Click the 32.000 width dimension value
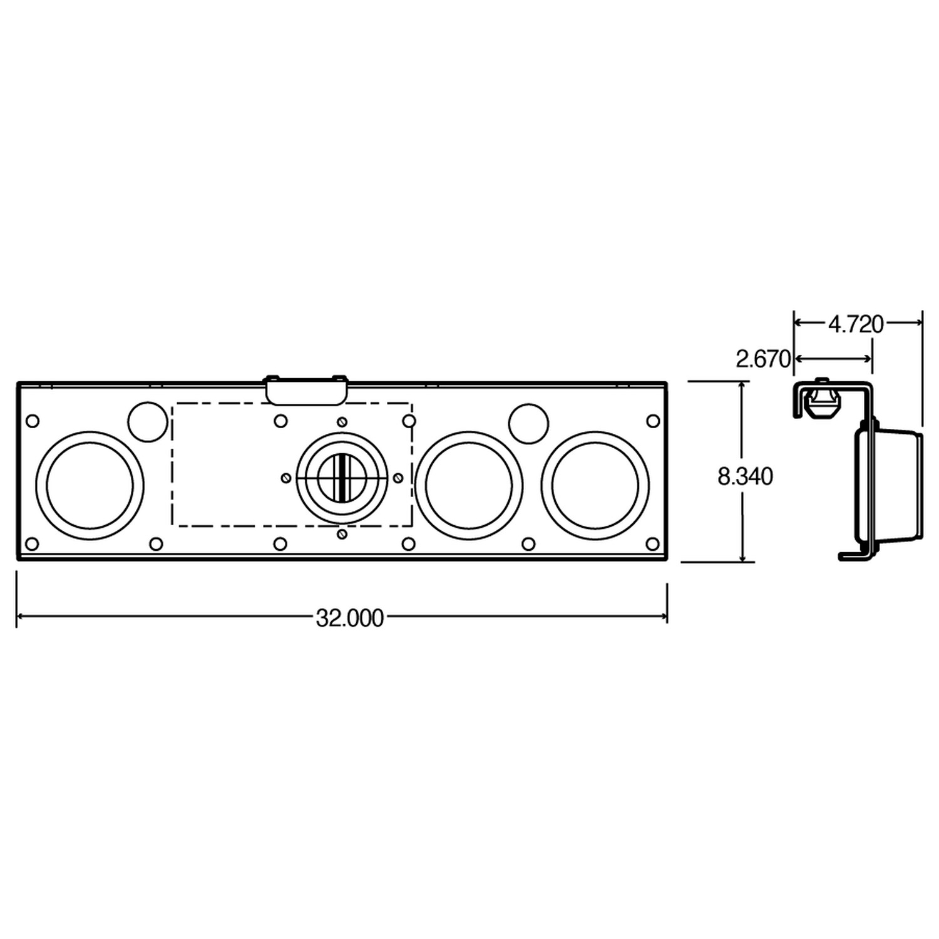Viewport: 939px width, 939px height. click(349, 618)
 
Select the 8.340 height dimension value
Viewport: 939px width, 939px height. click(745, 477)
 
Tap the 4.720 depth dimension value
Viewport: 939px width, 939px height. click(855, 324)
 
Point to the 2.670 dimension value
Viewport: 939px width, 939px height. click(763, 359)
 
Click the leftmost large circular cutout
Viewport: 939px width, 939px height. click(90, 485)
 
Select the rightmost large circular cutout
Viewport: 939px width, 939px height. click(595, 485)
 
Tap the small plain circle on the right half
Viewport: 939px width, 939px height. click(528, 424)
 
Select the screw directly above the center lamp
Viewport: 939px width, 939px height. click(342, 421)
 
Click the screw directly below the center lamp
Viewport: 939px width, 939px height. click(342, 534)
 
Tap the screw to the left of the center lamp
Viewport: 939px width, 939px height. click(285, 478)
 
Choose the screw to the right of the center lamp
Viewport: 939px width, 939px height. click(398, 478)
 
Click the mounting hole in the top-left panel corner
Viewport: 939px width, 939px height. click(33, 421)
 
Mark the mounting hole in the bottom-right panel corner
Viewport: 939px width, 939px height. click(652, 543)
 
